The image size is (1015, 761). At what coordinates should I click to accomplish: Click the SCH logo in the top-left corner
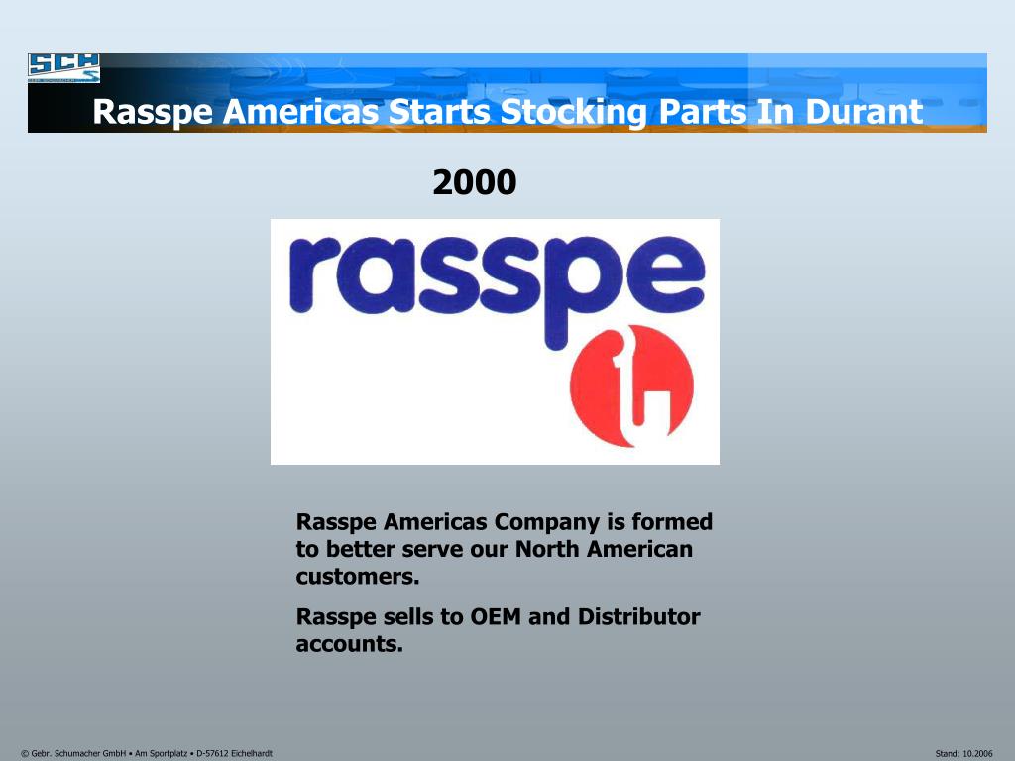[x=63, y=67]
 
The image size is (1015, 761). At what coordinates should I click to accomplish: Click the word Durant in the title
[x=863, y=112]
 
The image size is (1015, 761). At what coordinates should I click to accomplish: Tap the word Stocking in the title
[x=571, y=112]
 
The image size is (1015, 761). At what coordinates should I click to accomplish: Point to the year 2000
[x=474, y=182]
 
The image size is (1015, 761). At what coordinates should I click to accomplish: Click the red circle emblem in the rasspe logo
[x=632, y=385]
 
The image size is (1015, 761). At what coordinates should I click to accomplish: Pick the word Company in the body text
[x=544, y=522]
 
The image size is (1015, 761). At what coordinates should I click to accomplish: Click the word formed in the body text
[x=673, y=522]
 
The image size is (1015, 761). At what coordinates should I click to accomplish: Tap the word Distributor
[x=638, y=617]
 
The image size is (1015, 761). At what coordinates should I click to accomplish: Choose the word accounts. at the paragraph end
[x=350, y=644]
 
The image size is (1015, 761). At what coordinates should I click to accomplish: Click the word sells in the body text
[x=408, y=617]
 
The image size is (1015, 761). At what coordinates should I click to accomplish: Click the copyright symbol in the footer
[x=24, y=754]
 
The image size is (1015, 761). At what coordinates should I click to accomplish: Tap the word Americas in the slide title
[x=299, y=112]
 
